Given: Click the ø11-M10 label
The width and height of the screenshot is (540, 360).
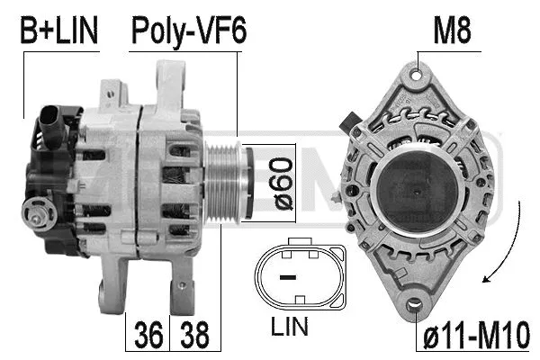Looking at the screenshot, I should [475, 336].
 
